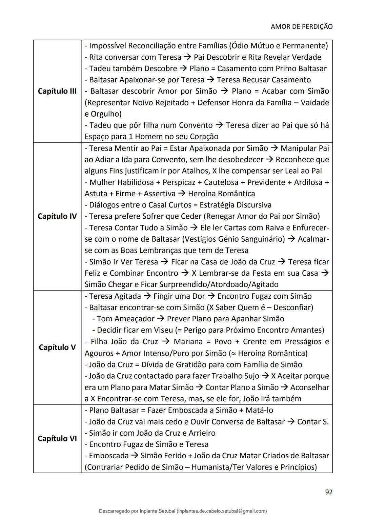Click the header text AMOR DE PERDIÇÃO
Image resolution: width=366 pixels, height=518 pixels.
click(x=301, y=26)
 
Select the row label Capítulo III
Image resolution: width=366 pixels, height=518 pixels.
click(x=57, y=91)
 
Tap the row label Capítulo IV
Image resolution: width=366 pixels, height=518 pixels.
click(x=57, y=216)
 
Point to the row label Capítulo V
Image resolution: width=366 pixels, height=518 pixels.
click(x=57, y=347)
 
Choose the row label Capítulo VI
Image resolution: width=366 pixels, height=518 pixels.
click(x=57, y=439)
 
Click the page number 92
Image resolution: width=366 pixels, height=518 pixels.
click(x=328, y=492)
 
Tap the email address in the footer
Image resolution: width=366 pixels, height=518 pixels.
click(x=222, y=511)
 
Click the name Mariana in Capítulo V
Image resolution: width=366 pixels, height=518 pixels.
click(x=188, y=342)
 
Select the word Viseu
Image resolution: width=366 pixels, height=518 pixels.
click(x=163, y=330)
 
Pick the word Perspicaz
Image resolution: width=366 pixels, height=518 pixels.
click(x=179, y=182)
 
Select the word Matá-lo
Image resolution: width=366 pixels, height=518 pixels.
click(x=259, y=410)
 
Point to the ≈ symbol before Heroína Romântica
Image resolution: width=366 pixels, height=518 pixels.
click(x=232, y=353)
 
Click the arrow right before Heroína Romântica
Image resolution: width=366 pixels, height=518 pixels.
click(x=182, y=194)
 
